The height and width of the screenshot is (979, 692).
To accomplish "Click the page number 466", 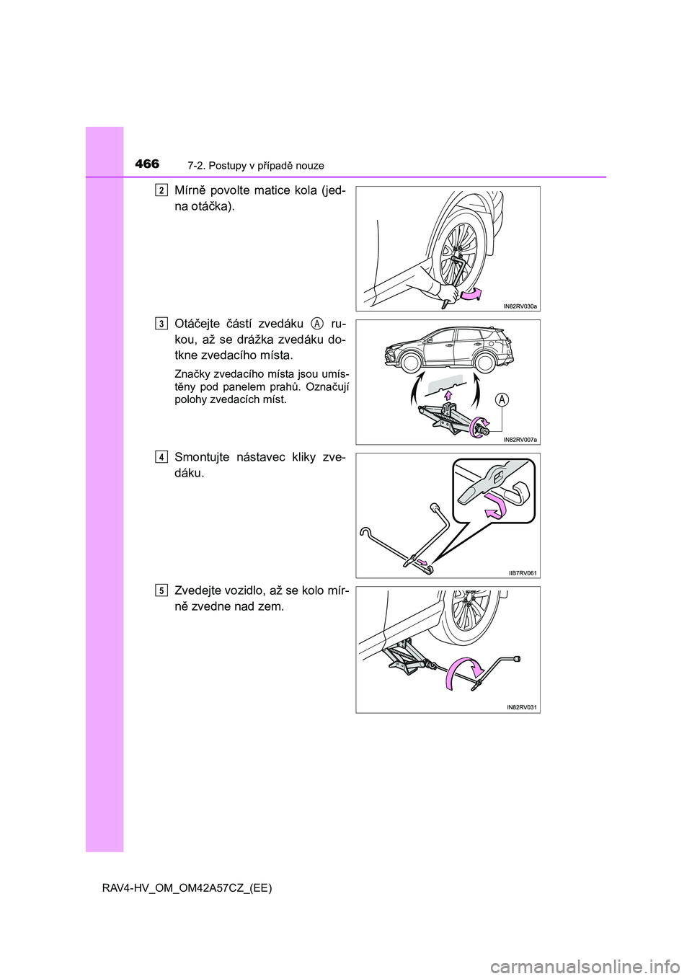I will coord(147,164).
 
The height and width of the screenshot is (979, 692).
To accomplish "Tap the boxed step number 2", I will coord(161,190).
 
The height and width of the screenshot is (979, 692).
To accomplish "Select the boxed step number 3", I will coord(161,323).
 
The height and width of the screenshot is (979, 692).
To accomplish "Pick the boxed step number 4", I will coord(161,456).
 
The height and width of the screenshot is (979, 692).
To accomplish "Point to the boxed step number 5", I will coord(161,590).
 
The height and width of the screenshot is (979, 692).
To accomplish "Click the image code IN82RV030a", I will coord(520,306).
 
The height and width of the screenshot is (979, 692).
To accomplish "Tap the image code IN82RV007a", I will coord(520,439).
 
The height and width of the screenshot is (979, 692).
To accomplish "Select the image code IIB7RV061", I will coord(523,573).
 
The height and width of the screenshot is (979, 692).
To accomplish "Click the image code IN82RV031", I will coord(523,707).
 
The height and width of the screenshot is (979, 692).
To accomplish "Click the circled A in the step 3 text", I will coord(317,323).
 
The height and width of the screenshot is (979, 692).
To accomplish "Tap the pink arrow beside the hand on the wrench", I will coord(472,295).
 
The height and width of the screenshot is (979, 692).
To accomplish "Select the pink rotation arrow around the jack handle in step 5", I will coord(461,674).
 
